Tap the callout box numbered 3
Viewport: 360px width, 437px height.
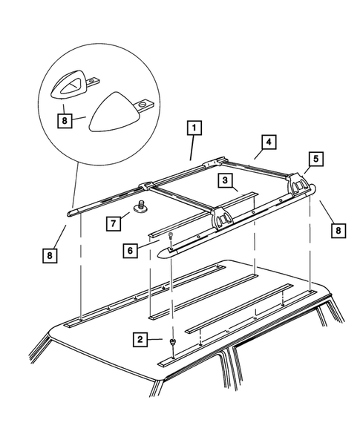click(223, 181)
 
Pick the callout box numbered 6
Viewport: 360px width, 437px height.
click(131, 252)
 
